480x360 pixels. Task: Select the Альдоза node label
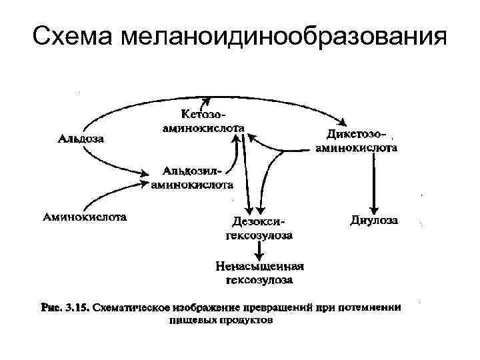click(x=80, y=139)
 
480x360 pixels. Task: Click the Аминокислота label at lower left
click(x=85, y=217)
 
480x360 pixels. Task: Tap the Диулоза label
click(x=375, y=219)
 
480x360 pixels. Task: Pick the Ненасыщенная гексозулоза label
click(x=260, y=273)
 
